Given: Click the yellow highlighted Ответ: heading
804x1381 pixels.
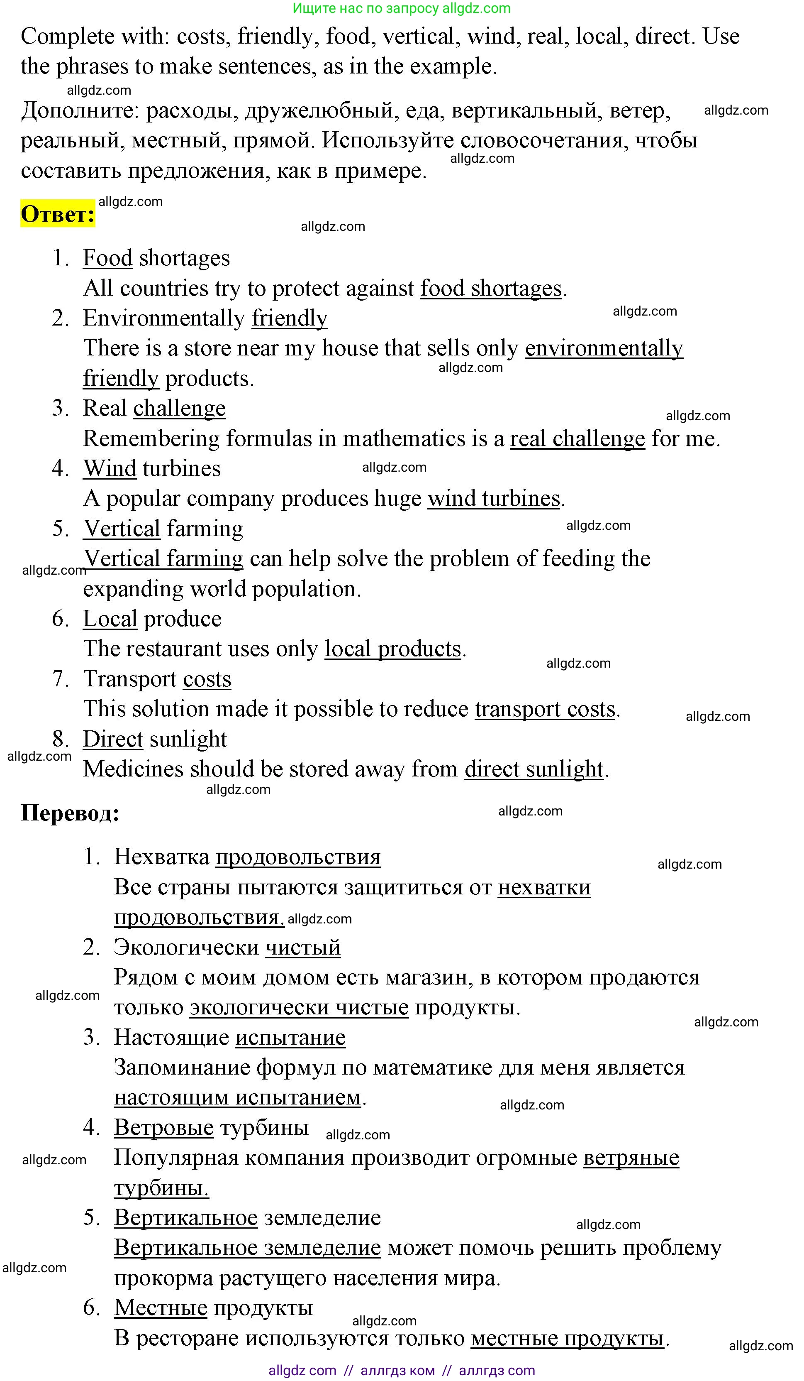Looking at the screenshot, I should [58, 214].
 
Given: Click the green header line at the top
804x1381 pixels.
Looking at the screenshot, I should [402, 8].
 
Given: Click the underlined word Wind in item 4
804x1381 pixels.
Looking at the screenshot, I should [110, 468].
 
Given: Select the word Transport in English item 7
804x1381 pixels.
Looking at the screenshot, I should [129, 679].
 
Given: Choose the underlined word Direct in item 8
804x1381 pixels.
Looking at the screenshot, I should [113, 739].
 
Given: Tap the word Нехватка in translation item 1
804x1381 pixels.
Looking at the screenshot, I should [161, 857].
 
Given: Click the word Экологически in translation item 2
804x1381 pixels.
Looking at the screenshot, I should [186, 948].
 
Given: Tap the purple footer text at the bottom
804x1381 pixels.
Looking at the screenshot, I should [402, 1371].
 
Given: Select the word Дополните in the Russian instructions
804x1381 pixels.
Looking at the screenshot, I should [79, 111].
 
